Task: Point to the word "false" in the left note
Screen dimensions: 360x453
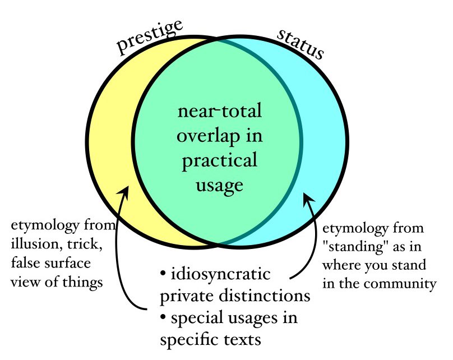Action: (24, 264)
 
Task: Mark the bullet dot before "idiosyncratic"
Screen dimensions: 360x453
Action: (163, 275)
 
